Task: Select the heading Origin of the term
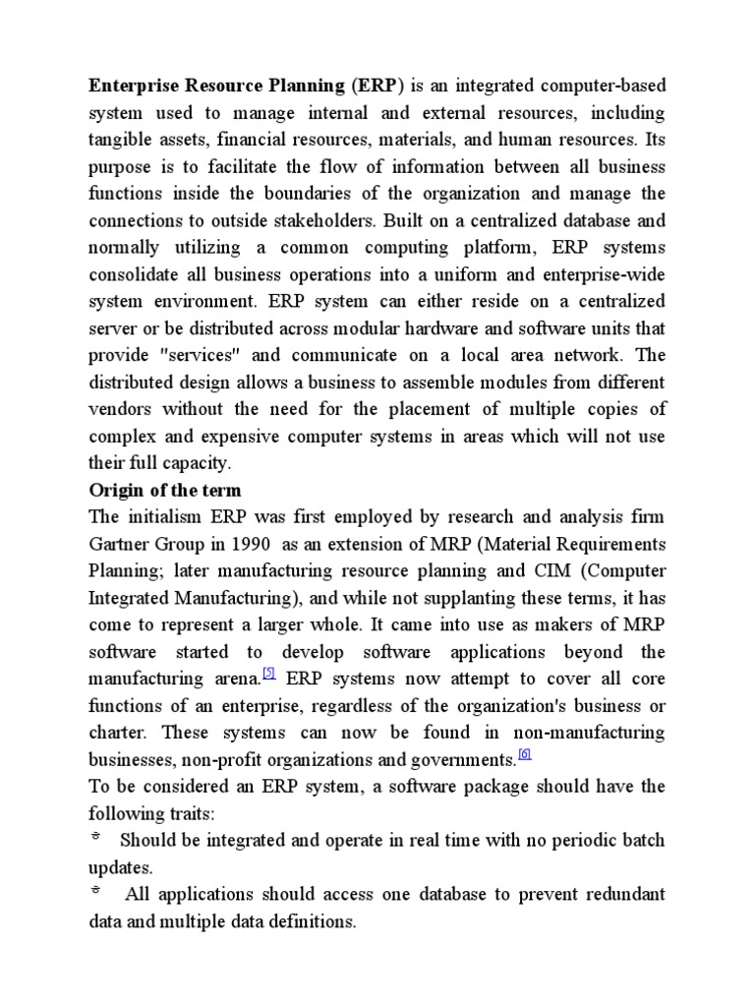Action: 165,490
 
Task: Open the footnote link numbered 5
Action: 268,675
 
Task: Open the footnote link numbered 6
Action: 524,754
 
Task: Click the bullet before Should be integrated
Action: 95,839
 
